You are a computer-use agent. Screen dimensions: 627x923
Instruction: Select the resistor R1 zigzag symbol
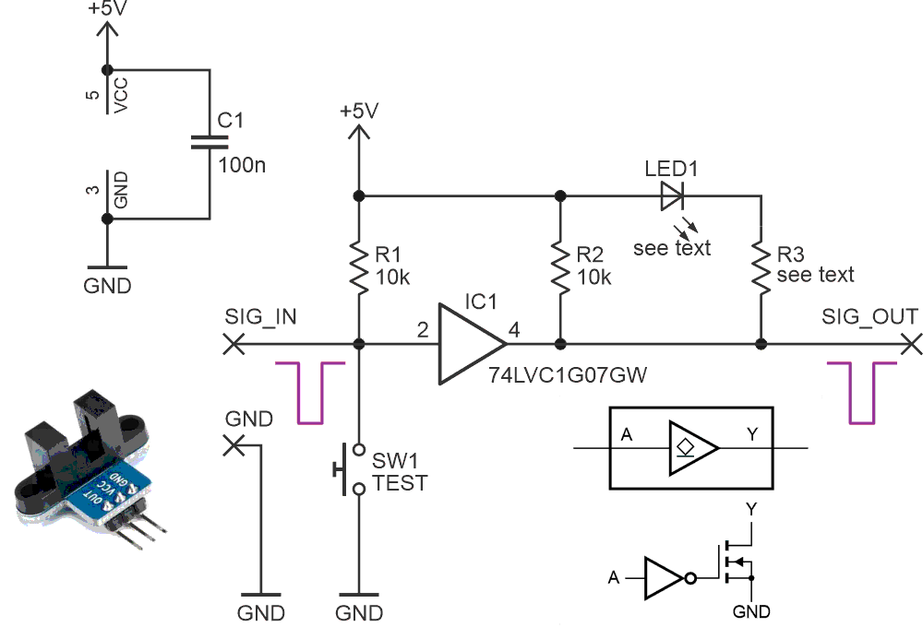click(359, 266)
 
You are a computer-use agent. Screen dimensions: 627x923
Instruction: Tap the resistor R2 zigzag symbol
click(559, 266)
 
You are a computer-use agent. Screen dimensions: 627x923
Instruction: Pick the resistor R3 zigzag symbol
click(761, 266)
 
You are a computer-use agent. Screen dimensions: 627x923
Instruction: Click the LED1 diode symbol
click(671, 195)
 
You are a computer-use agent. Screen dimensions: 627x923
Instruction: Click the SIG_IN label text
click(261, 317)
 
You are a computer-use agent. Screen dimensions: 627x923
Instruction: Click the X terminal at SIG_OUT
click(912, 344)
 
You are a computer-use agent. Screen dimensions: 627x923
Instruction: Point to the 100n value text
click(243, 166)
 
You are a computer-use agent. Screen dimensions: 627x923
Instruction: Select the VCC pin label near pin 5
click(121, 95)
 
